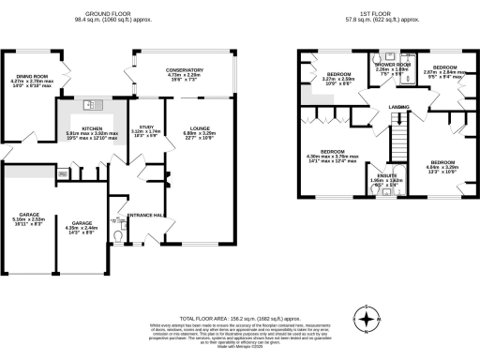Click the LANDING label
coord(401,107)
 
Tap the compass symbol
coord(371,318)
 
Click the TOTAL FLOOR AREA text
coord(216,319)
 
